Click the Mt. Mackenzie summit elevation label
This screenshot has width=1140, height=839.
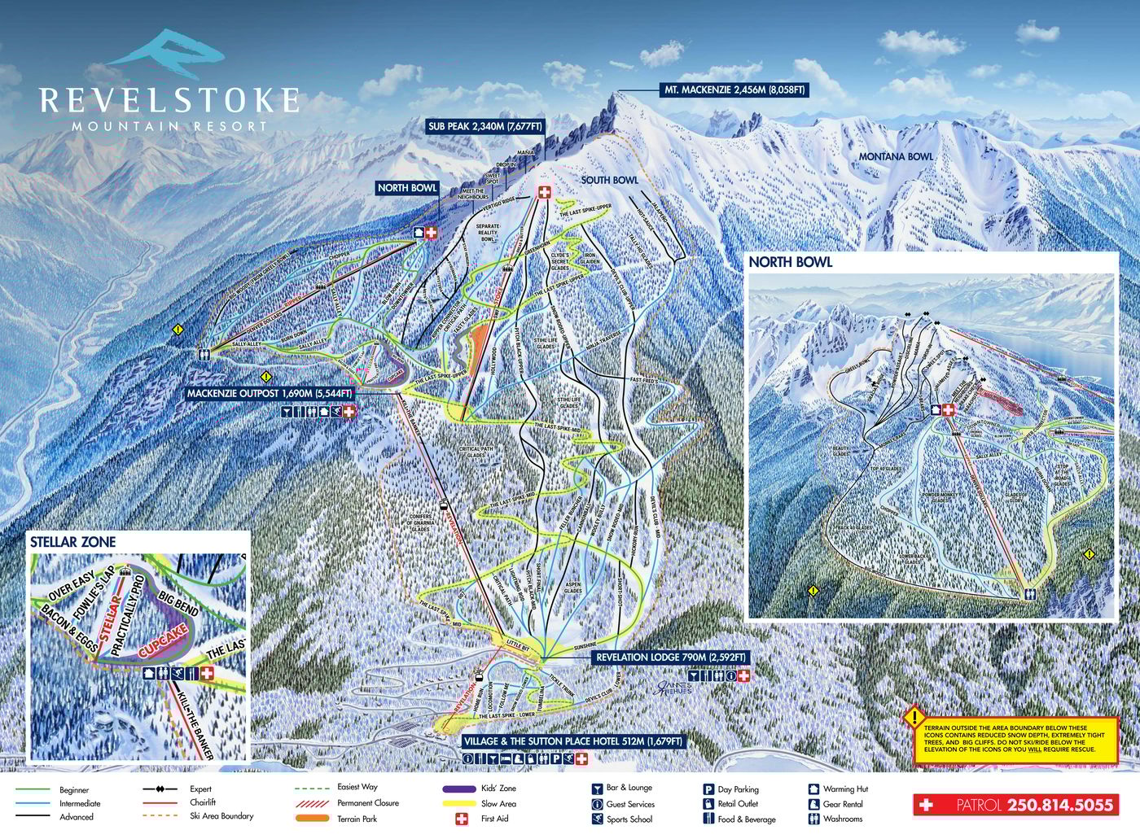click(x=733, y=90)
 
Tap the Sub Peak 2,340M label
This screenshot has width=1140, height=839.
click(x=485, y=126)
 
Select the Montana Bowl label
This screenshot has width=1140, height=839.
click(x=896, y=156)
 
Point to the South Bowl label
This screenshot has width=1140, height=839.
click(x=609, y=180)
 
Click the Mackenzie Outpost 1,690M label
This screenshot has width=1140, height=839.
click(x=270, y=393)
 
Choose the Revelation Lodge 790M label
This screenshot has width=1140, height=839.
click(x=670, y=657)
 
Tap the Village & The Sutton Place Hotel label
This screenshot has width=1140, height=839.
click(x=572, y=741)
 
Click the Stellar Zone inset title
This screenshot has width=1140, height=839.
click(x=73, y=542)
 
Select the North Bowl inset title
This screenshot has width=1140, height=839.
click(x=790, y=262)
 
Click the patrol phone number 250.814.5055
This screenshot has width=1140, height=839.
click(x=1059, y=805)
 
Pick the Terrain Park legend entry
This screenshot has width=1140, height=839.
click(x=357, y=819)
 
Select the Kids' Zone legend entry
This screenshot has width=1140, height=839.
click(x=498, y=789)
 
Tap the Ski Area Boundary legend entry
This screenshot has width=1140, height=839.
click(x=221, y=816)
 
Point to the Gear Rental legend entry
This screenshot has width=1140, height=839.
click(x=842, y=804)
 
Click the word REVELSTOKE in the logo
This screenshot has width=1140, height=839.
click(x=169, y=101)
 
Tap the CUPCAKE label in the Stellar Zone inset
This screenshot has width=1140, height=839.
click(x=164, y=641)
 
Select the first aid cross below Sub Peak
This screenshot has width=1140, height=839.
click(x=543, y=192)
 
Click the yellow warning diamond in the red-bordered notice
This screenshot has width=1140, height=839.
click(x=914, y=717)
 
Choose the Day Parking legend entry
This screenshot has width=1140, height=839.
click(x=738, y=789)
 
